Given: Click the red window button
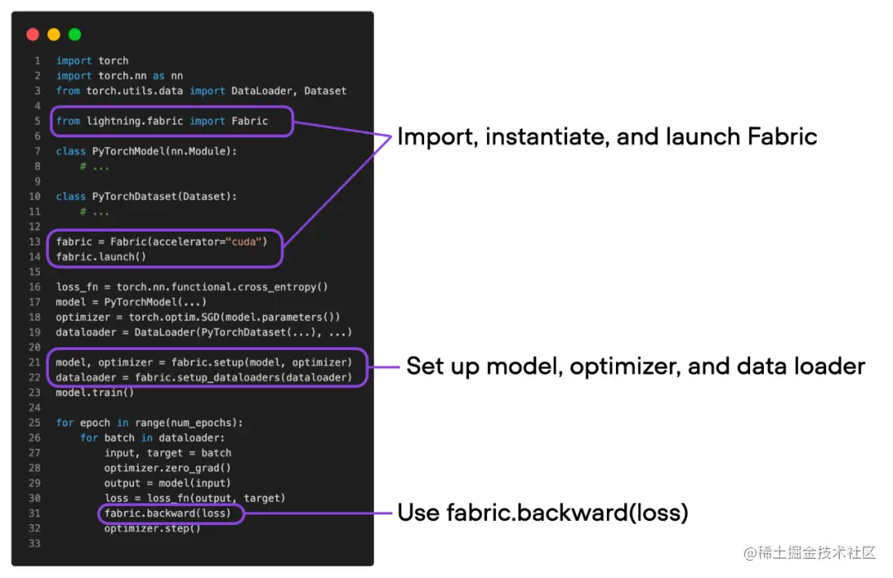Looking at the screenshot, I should tap(32, 35).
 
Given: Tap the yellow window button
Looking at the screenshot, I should tap(54, 35).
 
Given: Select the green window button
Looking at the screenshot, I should tap(74, 35).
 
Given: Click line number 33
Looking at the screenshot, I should tap(34, 543).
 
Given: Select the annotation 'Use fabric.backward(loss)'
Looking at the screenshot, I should tap(542, 513).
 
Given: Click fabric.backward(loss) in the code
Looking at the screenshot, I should tap(174, 514).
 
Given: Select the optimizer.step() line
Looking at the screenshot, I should tap(152, 528).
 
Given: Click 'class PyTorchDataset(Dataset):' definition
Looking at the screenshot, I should tap(146, 197).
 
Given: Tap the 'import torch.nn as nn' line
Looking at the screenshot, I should tap(119, 76).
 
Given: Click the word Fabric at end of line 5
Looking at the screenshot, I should tap(250, 121).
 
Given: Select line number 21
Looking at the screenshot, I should tap(34, 362).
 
